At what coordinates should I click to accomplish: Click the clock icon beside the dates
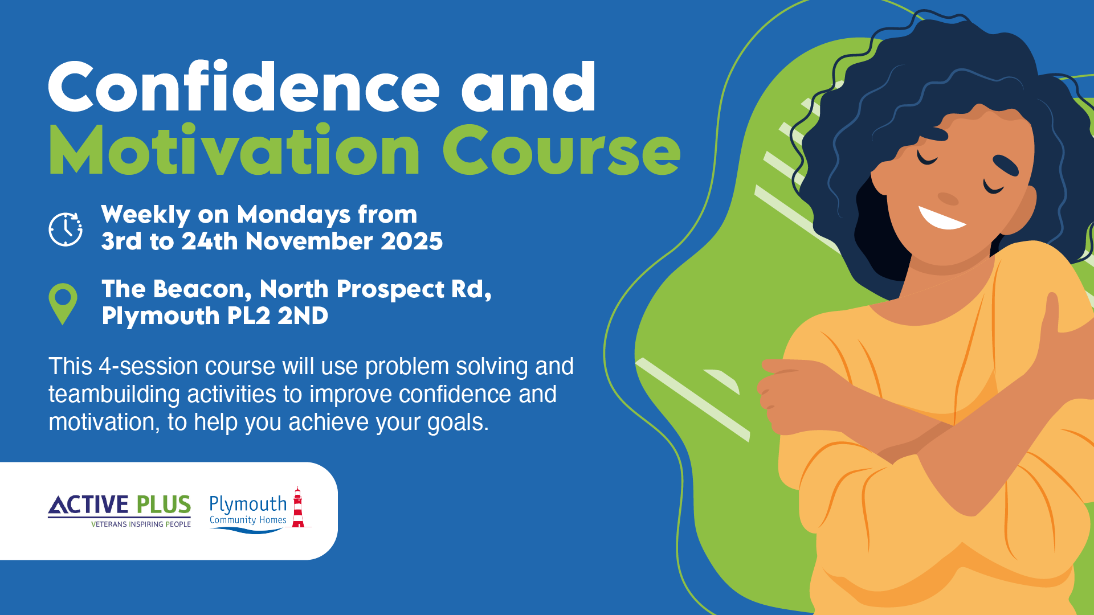(66, 229)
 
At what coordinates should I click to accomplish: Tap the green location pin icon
(63, 304)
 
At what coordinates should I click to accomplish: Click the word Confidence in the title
(244, 87)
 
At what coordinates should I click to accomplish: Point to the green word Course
(562, 150)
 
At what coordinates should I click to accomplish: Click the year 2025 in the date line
(411, 241)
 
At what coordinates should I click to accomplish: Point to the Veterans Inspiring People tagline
(141, 524)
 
